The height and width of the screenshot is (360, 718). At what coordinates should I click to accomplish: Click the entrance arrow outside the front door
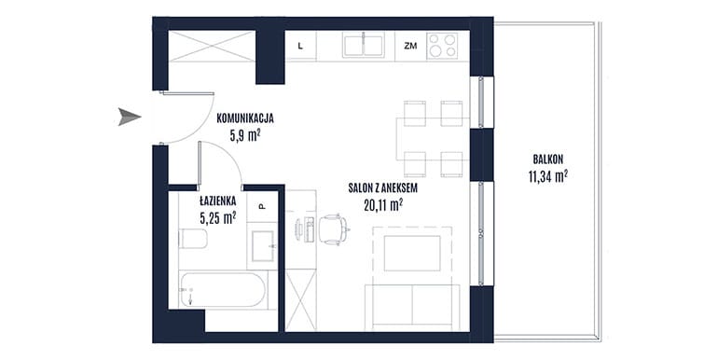point(129,117)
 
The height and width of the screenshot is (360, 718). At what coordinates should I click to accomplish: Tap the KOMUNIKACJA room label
point(245,118)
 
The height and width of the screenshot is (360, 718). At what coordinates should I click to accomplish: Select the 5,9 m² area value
point(245,135)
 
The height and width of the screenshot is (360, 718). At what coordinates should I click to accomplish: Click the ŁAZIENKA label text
point(217,201)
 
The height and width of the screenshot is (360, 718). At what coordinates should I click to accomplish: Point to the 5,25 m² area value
point(218,217)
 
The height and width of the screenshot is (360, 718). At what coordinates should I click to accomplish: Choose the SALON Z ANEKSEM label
point(383,187)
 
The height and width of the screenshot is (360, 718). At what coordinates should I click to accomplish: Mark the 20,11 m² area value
point(383,205)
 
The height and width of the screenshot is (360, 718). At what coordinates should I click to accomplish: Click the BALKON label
point(548,159)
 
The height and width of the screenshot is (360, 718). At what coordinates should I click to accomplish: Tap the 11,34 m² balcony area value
point(548,177)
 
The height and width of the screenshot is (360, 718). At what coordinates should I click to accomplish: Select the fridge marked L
point(300,46)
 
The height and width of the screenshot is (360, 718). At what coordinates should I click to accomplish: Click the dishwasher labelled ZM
point(410,46)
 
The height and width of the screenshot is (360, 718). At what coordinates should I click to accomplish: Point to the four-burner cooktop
point(442,46)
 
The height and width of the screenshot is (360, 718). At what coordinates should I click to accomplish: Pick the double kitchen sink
point(364,46)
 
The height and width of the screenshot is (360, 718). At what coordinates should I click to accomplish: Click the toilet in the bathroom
point(193,238)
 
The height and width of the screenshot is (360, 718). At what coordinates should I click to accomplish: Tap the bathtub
point(223,289)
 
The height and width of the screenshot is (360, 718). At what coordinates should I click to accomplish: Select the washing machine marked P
point(262,206)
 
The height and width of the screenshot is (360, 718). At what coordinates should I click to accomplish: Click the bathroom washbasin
point(263,246)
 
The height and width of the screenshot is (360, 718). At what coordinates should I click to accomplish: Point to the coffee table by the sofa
point(412,254)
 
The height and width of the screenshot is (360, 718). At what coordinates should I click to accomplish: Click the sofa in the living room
point(412,306)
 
